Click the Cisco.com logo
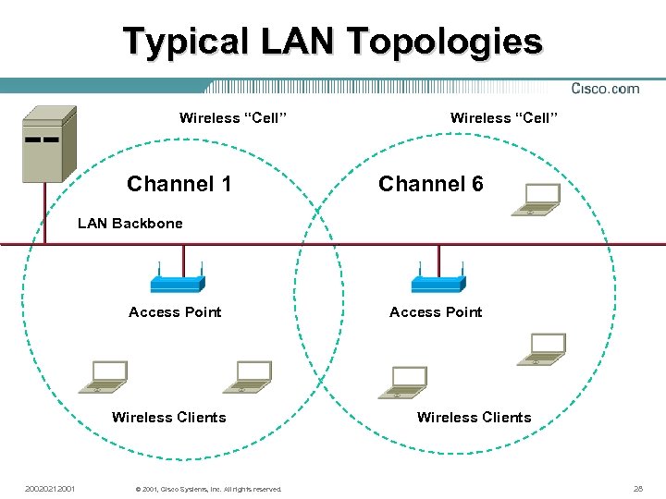605,89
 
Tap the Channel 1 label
179,184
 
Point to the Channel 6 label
431,184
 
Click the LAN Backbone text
130,223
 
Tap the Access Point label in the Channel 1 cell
175,312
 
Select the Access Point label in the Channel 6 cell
436,312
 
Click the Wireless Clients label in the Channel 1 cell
168,418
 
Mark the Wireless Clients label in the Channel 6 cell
474,418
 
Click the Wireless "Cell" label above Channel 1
233,117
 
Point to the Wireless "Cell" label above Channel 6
504,117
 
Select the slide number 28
637,488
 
